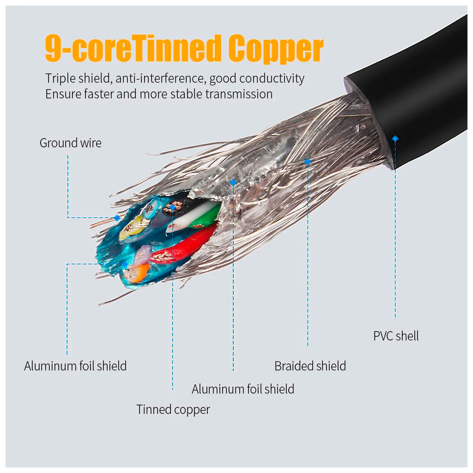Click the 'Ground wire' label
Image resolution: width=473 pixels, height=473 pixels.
pos(70,143)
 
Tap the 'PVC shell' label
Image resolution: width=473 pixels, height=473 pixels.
pos(396,336)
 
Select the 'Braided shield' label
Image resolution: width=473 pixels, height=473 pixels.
pos(310,366)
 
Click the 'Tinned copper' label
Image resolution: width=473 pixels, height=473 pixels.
pos(173,410)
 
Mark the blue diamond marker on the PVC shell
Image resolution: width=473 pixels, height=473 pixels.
pos(395,138)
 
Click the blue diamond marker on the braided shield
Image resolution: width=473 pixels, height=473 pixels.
pos(308,161)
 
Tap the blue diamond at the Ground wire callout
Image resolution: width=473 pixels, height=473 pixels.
pos(117,217)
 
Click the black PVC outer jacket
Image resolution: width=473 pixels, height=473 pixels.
pos(416,92)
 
